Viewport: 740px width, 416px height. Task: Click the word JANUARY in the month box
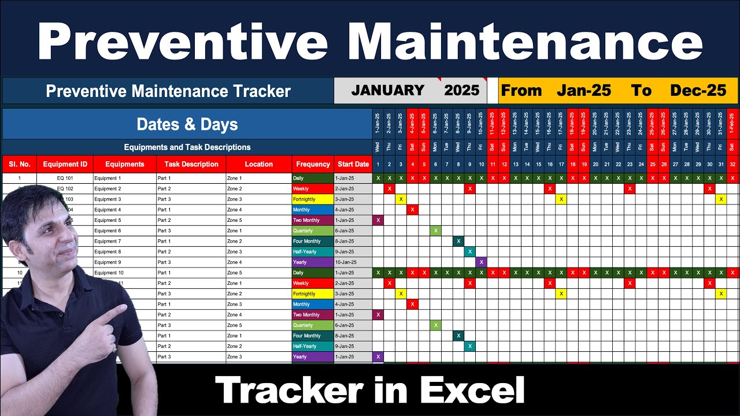(x=387, y=91)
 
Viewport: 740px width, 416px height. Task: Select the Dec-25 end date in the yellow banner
(x=698, y=91)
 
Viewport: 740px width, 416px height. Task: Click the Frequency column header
(x=313, y=164)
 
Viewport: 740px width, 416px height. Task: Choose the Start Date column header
(x=353, y=164)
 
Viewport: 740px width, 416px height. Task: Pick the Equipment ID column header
(x=65, y=164)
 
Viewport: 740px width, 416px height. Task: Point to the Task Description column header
(x=191, y=164)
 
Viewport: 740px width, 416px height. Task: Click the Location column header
(x=258, y=164)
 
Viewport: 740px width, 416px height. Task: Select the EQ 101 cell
(x=65, y=179)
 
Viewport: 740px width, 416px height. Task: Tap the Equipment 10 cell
(x=109, y=273)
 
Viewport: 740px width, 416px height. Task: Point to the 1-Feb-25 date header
(x=732, y=124)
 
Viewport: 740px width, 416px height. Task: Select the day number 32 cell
(x=732, y=165)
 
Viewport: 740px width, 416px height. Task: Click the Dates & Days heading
(x=187, y=124)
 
